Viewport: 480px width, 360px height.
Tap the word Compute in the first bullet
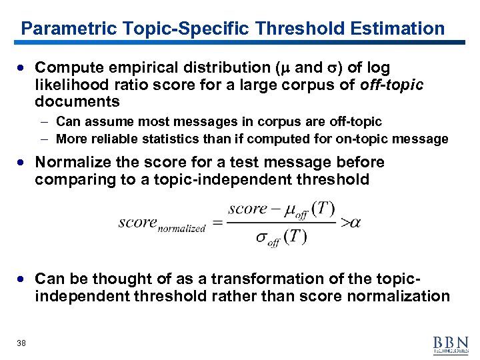tap(66, 68)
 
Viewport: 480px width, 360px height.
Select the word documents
tap(77, 102)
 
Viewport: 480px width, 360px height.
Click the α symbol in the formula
tap(354, 223)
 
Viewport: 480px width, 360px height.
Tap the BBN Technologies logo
tap(451, 343)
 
